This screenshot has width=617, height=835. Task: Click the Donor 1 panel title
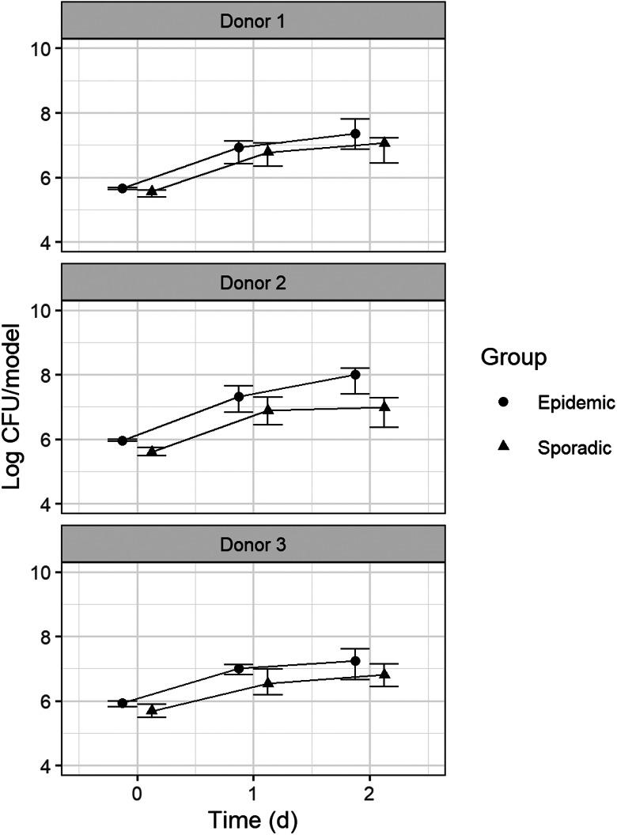(x=254, y=20)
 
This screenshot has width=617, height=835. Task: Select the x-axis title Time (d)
(x=254, y=819)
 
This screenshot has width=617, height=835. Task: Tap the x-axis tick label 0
(x=137, y=792)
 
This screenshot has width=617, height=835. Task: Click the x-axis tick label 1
(x=254, y=792)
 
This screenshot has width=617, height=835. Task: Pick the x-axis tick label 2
(x=370, y=792)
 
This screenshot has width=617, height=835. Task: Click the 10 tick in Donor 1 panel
(x=44, y=48)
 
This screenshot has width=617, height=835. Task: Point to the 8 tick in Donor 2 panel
(x=49, y=375)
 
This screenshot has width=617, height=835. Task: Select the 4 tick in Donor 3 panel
(x=49, y=766)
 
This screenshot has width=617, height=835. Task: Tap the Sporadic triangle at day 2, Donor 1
(x=384, y=142)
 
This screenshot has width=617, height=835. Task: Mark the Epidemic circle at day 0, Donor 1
(x=123, y=188)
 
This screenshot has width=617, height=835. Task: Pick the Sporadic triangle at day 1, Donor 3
(x=268, y=682)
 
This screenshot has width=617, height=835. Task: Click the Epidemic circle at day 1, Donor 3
(x=239, y=669)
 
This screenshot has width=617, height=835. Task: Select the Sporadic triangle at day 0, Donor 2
(x=152, y=451)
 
